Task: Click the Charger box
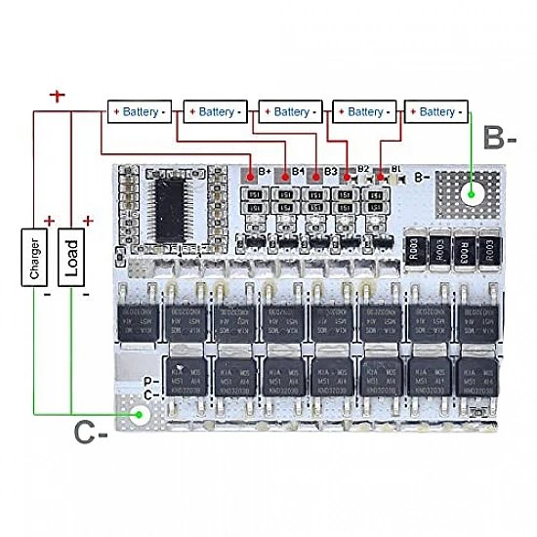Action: point(36,258)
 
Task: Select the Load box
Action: point(71,258)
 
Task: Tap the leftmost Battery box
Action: point(139,111)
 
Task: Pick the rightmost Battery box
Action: point(436,111)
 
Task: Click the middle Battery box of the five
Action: point(290,111)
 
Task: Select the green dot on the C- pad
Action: point(140,415)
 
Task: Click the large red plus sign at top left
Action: point(58,96)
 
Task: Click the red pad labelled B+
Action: point(251,176)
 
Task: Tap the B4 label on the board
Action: point(299,171)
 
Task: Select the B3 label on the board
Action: point(331,171)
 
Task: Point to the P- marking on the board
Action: point(151,382)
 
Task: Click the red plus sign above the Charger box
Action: point(48,222)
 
